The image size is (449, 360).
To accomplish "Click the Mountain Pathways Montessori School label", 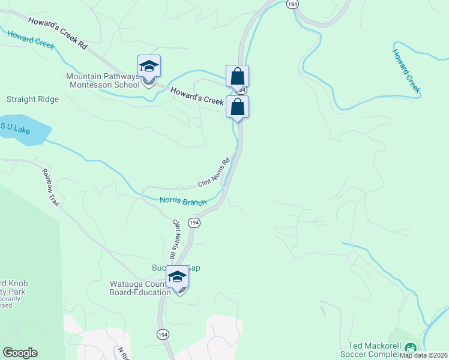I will click(x=103, y=80).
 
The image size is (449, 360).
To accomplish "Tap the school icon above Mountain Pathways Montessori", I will click(x=149, y=66).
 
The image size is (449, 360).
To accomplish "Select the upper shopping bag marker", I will click(x=237, y=76).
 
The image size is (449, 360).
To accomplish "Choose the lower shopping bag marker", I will click(x=237, y=107).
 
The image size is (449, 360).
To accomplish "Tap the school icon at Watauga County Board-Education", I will click(x=176, y=277).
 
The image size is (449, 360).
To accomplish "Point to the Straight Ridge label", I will click(x=32, y=99).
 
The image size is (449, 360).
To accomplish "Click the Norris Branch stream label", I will click(x=182, y=201).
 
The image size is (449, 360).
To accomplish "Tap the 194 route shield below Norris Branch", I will click(x=194, y=223).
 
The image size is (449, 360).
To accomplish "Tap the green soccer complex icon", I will click(x=411, y=347).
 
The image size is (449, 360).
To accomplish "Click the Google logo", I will click(x=20, y=353).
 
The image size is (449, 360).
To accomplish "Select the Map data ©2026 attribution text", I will click(x=424, y=355).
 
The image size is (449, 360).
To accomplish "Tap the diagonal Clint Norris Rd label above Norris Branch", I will click(x=214, y=173).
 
